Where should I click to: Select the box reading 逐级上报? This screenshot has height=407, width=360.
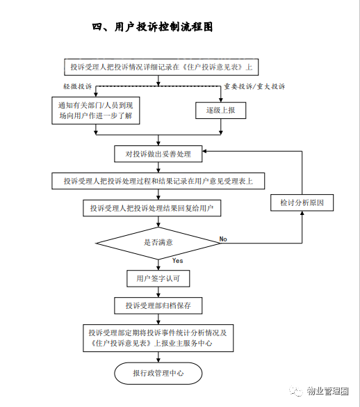click(221, 111)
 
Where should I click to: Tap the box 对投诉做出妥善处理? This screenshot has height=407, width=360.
click(158, 154)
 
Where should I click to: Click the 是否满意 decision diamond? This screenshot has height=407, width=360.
click(158, 243)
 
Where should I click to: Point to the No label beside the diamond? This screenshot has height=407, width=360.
click(223, 239)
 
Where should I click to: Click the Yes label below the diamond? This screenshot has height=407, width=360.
click(178, 261)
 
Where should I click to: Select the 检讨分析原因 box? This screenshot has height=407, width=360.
click(302, 202)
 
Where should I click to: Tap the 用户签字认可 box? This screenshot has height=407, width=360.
click(158, 278)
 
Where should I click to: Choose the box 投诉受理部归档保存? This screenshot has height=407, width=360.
click(158, 305)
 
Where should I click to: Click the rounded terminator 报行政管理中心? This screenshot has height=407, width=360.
click(158, 373)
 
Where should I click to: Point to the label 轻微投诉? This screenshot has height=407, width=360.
click(78, 86)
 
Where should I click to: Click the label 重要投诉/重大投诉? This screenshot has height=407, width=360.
click(254, 86)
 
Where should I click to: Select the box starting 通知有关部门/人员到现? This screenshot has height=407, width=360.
click(96, 111)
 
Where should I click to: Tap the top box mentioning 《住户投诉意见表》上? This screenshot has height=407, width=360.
click(161, 67)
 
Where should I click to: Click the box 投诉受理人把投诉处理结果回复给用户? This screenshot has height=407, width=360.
click(152, 208)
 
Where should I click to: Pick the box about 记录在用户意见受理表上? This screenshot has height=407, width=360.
click(158, 181)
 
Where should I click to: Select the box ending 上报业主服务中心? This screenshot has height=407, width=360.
click(158, 338)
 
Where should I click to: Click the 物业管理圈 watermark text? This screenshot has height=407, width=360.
click(327, 391)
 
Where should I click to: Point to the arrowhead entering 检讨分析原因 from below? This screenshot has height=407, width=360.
click(302, 213)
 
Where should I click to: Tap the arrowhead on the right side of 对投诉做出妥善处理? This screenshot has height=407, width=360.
click(204, 151)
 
